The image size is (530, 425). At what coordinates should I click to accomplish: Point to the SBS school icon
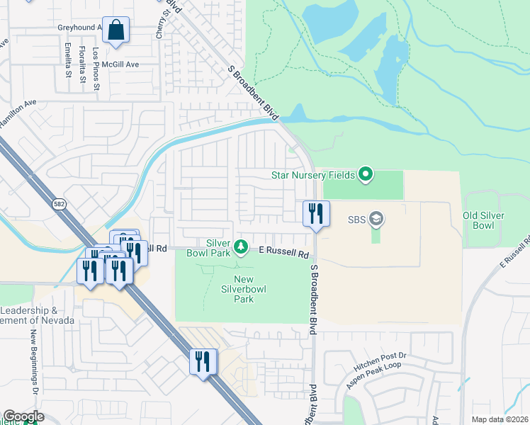click(376, 219)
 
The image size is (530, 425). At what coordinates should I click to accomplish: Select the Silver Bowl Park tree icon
click(241, 246)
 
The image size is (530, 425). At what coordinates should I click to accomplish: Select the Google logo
click(23, 416)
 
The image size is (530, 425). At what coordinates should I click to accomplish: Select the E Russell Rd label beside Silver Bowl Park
click(284, 251)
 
